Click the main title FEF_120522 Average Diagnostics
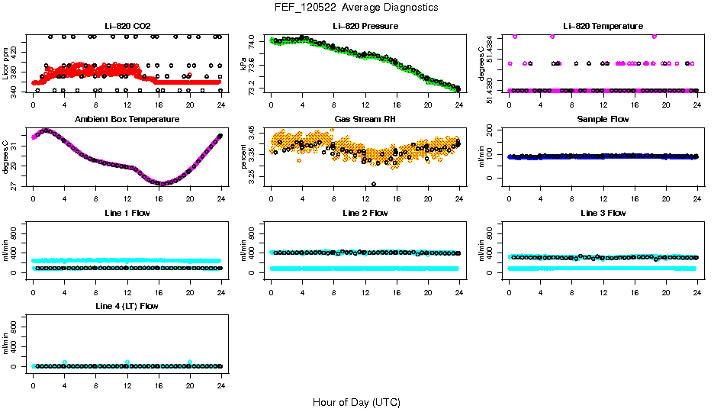click(356, 8)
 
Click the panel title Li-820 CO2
click(127, 27)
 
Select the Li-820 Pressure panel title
click(365, 27)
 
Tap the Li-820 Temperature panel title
click(603, 27)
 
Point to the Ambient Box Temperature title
click(127, 120)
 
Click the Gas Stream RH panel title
click(365, 120)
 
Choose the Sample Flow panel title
click(603, 120)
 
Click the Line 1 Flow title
click(127, 213)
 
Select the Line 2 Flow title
click(365, 213)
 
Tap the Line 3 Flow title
click(603, 213)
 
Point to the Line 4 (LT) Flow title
click(127, 306)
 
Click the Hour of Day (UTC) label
click(356, 402)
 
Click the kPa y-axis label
click(243, 64)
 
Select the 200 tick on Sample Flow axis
click(491, 132)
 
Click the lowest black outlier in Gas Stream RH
click(374, 184)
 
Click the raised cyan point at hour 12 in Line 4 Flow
click(127, 362)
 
